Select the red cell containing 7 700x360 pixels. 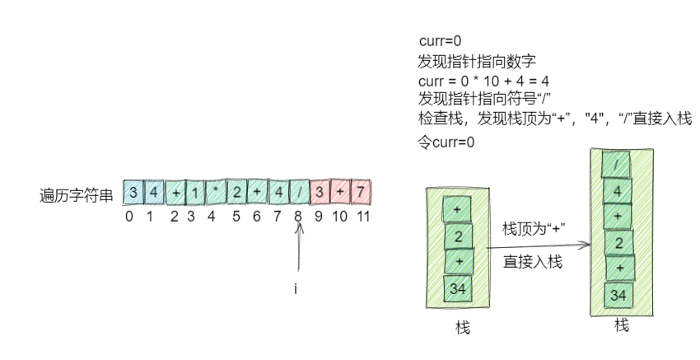[360, 193]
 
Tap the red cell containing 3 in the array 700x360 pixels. [318, 193]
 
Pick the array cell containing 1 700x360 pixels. [194, 193]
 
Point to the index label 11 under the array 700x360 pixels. [362, 217]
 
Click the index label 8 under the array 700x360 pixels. [297, 217]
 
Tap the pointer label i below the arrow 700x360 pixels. [295, 290]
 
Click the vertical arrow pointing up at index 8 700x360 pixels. [300, 251]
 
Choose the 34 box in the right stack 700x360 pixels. [618, 296]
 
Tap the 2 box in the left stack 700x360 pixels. [458, 237]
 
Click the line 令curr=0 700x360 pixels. [447, 142]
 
